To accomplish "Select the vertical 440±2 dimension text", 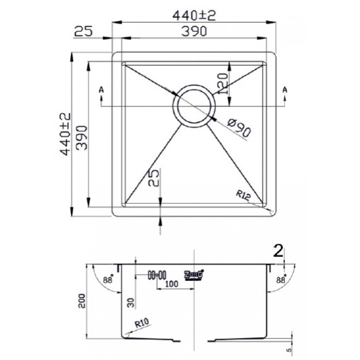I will coord(66,135).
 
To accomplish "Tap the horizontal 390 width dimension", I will coord(193,31).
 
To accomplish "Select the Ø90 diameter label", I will coord(238,128).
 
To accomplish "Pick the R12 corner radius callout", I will coord(244,194).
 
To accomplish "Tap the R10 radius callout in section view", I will coord(143,324).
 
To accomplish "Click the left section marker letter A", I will coord(101,91).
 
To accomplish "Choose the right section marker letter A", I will coord(284,91).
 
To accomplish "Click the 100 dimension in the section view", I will coord(171,283).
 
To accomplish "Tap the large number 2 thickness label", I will coord(278,251).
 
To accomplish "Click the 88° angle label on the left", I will coord(107,280).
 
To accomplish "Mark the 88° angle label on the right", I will coord(280,280).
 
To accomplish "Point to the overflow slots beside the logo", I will coord(156,275).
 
